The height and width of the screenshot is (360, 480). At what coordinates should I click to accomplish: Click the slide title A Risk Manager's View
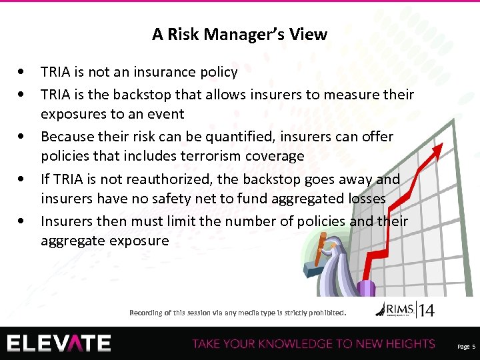[x=239, y=34]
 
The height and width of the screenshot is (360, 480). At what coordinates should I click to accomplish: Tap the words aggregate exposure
[x=105, y=241]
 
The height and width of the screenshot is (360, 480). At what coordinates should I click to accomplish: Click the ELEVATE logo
[x=59, y=343]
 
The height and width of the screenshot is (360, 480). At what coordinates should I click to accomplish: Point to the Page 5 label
[x=466, y=347]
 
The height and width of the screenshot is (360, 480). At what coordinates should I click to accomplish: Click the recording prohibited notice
[x=238, y=312]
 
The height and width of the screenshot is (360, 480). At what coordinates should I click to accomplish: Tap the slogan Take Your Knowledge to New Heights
[x=313, y=344]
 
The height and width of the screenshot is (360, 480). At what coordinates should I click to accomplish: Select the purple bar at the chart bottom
[x=366, y=287]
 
